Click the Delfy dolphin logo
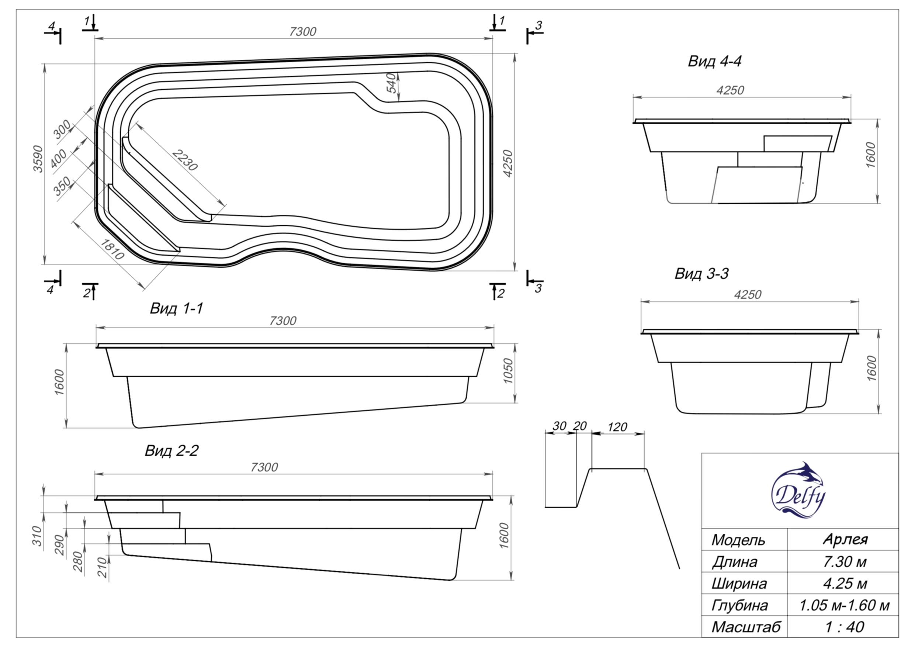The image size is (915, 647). pyautogui.click(x=798, y=491)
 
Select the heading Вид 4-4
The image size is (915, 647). pyautogui.click(x=714, y=61)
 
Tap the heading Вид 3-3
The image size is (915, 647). pyautogui.click(x=701, y=274)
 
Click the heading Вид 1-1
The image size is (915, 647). pyautogui.click(x=177, y=308)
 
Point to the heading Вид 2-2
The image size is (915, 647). pyautogui.click(x=171, y=451)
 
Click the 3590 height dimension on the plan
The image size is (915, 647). pyautogui.click(x=38, y=159)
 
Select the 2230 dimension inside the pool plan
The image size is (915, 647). pyautogui.click(x=185, y=160)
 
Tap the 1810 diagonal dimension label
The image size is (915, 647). pyautogui.click(x=112, y=249)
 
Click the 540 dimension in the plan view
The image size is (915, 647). pyautogui.click(x=392, y=83)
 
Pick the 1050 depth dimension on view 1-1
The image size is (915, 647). pyautogui.click(x=508, y=371)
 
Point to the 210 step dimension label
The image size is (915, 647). pyautogui.click(x=103, y=567)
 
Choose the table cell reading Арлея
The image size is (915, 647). pyautogui.click(x=845, y=539)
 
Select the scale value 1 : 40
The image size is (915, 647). pyautogui.click(x=844, y=627)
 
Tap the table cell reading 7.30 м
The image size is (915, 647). pyautogui.click(x=844, y=562)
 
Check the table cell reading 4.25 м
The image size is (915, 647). pyautogui.click(x=844, y=584)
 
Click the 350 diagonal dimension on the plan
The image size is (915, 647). pyautogui.click(x=62, y=186)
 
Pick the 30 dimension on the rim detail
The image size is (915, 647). pyautogui.click(x=559, y=426)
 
